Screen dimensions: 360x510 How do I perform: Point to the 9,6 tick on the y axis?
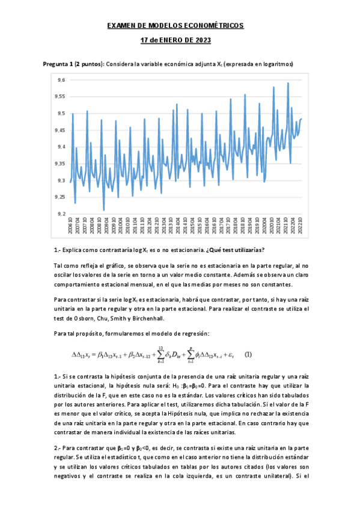click(60, 80)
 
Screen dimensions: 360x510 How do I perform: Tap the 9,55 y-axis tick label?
click(59, 97)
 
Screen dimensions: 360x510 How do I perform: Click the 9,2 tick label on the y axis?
click(60, 214)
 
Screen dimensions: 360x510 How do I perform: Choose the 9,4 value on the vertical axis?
click(60, 147)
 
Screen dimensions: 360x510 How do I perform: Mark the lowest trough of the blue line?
click(103, 210)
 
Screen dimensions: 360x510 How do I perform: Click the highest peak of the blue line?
click(288, 83)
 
